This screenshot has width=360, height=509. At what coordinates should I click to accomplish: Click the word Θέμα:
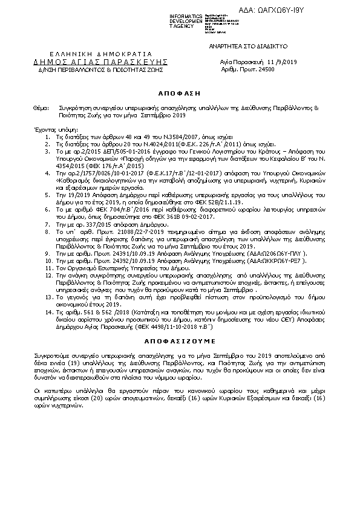(42, 108)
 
